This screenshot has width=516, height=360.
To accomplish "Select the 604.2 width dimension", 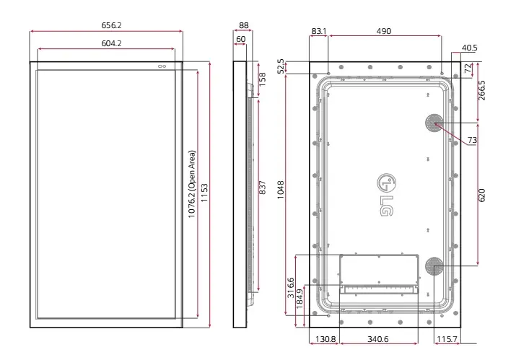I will [106, 43].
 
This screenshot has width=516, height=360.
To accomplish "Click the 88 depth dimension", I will [243, 25].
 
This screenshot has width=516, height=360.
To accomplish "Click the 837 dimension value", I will [262, 187].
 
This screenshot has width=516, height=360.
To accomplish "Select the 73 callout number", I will [472, 140].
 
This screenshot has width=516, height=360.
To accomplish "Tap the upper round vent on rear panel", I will [434, 123].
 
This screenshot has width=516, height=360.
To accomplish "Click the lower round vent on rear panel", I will [434, 266].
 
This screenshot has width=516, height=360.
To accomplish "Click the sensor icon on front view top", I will [161, 66].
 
